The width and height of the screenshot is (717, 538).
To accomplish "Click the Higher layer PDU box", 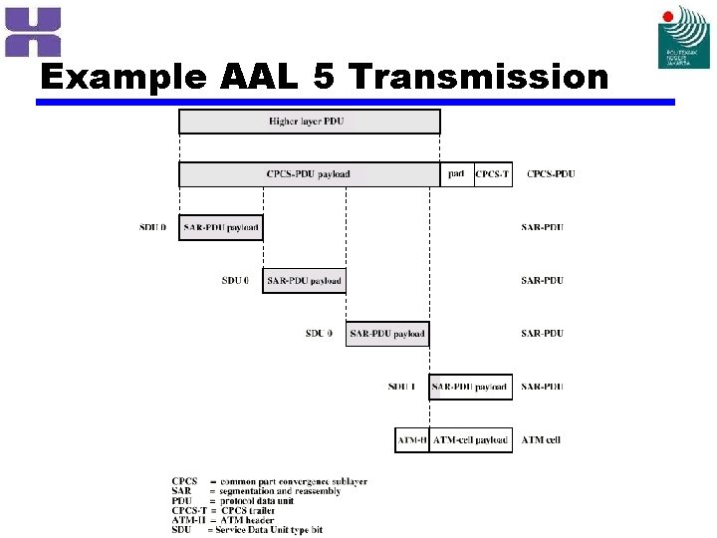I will pos(309,122).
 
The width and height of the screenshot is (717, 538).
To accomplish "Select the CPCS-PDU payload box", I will pos(309,174).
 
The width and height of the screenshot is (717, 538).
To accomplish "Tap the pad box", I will pos(456,174).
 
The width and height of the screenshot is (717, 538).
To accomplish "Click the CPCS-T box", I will pos(492,174).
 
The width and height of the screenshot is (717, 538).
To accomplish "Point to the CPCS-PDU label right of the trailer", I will pos(551,174).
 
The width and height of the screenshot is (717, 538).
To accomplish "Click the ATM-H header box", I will pos(411,439).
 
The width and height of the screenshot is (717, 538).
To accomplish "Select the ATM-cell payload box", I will pos(470,439).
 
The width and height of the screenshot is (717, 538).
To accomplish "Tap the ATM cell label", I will pos(543,439).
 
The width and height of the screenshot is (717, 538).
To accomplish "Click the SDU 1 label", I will pos(402,387).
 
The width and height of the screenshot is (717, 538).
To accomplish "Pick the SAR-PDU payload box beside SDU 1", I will pos(470,387).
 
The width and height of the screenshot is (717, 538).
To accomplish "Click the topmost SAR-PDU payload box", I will pos(220,227).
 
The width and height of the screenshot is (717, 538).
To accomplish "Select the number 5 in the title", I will pos(323,78).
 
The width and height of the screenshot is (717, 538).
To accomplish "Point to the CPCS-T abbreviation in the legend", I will pos(189,509).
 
